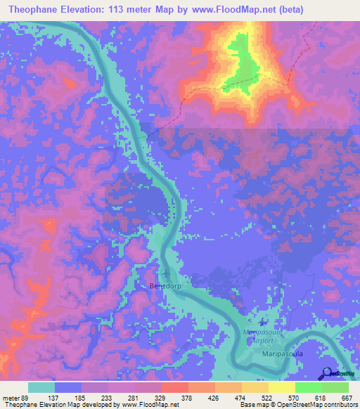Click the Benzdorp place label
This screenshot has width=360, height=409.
point(166,287)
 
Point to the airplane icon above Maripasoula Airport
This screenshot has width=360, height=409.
point(262,321)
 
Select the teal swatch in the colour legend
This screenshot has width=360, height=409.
point(41,387)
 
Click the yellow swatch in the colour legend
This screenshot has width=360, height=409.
point(282,387)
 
